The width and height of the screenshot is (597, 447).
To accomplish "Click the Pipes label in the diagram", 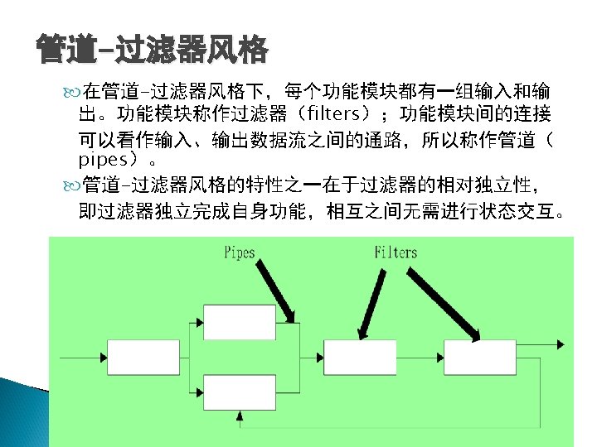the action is click(240, 252).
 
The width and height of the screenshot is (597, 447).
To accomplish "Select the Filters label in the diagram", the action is click(396, 252).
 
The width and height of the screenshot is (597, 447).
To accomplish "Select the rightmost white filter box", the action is click(478, 356).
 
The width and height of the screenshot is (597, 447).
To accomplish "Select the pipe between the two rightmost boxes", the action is click(415, 357).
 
